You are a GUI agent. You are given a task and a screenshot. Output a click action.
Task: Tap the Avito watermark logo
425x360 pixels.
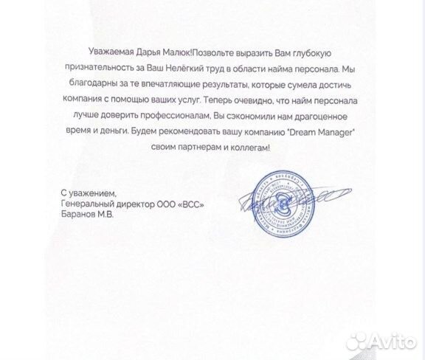tap(381, 340)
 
